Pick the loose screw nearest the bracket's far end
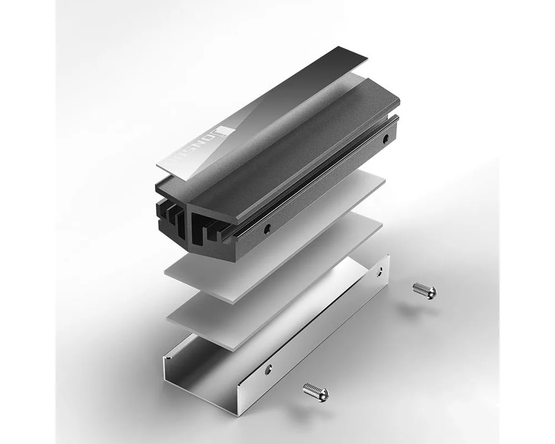click(x=425, y=290)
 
